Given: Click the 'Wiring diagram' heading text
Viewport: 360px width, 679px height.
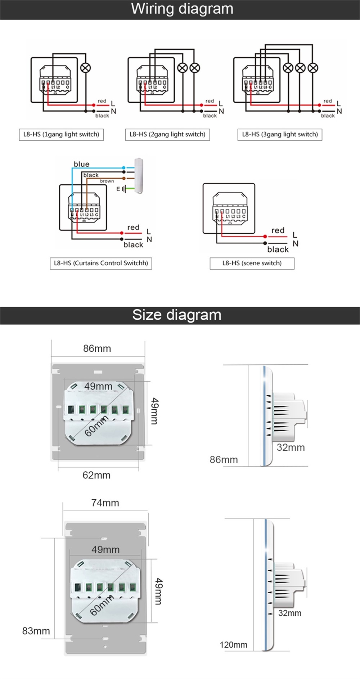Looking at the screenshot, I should coord(182,9).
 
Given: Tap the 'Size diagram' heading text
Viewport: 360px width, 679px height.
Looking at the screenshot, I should coord(177,315).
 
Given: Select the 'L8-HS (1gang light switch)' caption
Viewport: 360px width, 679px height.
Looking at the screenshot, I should coord(61,134).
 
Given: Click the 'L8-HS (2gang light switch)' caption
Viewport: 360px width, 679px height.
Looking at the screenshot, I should coord(167,134).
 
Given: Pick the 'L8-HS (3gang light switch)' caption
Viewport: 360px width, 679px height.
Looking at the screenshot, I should coord(280,134).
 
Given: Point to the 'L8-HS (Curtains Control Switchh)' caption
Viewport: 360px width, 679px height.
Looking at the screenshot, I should coord(101,263).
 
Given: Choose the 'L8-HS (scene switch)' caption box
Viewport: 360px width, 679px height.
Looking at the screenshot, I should coord(252,263).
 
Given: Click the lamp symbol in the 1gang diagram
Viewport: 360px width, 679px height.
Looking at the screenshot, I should coord(86,68).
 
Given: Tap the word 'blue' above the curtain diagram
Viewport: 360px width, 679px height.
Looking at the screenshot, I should coord(81,164).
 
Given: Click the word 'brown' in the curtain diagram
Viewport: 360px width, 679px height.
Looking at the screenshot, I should coord(107,181).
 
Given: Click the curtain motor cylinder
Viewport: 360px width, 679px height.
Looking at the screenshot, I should coord(139,175).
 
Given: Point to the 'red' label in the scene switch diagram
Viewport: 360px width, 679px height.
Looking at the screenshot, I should coord(278,230).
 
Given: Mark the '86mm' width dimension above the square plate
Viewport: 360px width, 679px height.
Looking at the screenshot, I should coord(97,349).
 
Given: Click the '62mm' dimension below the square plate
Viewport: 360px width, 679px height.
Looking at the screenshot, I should coord(96,475).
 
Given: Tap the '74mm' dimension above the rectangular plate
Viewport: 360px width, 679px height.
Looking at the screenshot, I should coord(105,503).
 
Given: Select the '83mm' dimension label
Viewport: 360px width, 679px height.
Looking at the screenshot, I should coord(36,631).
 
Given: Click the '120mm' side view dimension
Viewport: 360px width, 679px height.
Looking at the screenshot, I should coord(233,645).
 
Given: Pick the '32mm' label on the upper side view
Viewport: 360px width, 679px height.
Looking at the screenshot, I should coord(291,448).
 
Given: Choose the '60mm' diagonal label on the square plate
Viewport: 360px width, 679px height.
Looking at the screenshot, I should coord(96,426).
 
